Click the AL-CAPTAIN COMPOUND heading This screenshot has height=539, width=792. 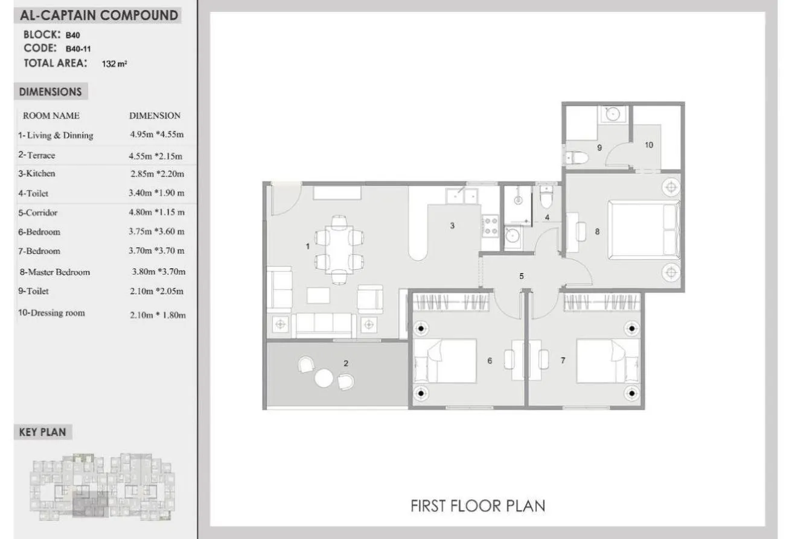pos(99,16)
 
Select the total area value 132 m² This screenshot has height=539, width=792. pos(114,64)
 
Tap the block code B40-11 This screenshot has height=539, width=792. pos(78,49)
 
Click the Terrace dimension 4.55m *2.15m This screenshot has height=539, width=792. pos(156,156)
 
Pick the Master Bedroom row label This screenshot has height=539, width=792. pos(55,272)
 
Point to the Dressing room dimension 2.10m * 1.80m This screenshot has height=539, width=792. pos(158,315)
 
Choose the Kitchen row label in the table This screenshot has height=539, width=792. pos(37,174)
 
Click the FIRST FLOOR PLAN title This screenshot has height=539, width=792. pos(477,506)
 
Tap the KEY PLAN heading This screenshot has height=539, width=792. pos(42,432)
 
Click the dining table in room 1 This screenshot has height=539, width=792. pos(339,250)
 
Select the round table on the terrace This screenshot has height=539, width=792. pos(324,378)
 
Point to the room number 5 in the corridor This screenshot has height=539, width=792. pos(522,276)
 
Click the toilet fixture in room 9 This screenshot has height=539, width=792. pos(577,157)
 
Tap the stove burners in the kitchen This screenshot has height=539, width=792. pos(490,226)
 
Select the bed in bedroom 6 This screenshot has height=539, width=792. pos(445,361)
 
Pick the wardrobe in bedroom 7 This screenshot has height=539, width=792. pos(602,302)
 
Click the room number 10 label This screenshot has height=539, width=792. pos(649,145)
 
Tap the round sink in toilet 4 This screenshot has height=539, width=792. pos(512,235)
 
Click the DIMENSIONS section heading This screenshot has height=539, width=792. pos(51,92)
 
